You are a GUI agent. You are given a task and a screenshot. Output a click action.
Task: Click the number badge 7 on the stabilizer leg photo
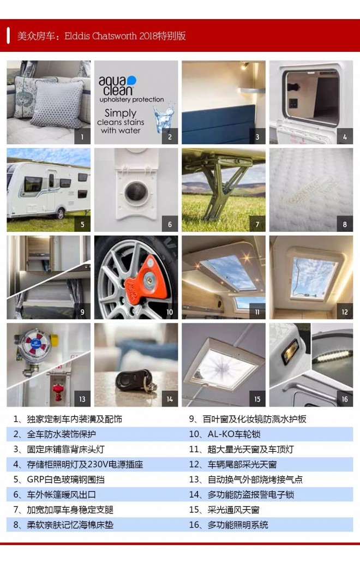click(x=257, y=224)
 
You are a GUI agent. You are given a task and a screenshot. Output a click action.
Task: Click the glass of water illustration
click(x=164, y=118)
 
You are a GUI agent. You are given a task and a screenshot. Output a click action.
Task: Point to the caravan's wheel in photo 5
click(x=60, y=214)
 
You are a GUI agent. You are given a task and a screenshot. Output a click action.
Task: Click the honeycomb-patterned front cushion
click(x=58, y=103)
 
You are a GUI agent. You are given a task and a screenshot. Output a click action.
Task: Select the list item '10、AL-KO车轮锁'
click(x=225, y=434)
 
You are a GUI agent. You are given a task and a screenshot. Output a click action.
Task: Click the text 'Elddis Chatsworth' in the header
click(x=101, y=36)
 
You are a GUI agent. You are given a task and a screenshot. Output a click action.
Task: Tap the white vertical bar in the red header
click(x=8, y=35)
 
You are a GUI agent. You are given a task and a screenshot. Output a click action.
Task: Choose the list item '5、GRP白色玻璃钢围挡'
click(x=59, y=480)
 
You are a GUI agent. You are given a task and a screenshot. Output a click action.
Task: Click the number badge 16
click(x=345, y=399)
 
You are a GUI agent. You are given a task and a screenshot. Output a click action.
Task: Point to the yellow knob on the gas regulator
click(x=54, y=340)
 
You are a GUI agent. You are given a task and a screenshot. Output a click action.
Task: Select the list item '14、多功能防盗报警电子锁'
click(x=242, y=495)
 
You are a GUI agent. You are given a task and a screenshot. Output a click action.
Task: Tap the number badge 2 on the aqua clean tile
click(x=170, y=136)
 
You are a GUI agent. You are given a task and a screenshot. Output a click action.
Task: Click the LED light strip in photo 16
click(x=332, y=357)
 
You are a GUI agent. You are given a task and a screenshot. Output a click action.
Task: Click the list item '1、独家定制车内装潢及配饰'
click(x=68, y=419)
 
